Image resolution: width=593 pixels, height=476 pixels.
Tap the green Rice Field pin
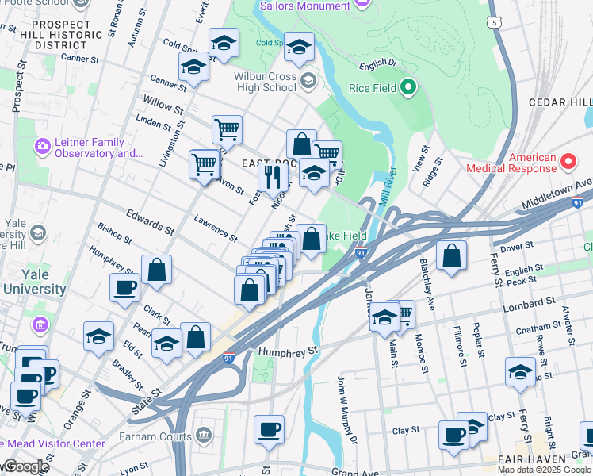coord(408,87)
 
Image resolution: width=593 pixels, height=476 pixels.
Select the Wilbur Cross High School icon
coord(307,80)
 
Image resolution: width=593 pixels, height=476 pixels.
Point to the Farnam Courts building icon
coord(204,436)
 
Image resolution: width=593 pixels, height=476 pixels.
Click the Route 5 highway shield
coord(494,23)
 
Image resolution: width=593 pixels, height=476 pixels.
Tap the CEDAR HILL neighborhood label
coord(559,102)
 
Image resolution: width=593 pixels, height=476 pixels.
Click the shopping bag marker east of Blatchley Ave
coord(451,255)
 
